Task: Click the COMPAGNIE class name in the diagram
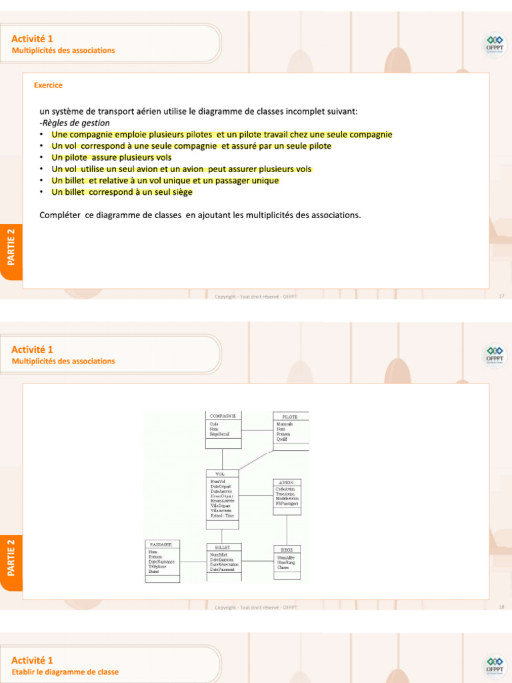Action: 223,416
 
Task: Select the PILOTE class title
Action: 291,416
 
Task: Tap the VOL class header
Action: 221,474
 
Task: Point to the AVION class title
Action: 286,482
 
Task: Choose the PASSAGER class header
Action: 161,544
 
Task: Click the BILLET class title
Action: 223,547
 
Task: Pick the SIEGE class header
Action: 287,550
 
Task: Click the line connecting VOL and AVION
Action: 256,495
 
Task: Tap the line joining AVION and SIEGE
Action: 287,530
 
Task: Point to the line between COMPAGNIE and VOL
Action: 223,459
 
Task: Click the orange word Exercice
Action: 48,85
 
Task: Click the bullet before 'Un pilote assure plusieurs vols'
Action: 42,158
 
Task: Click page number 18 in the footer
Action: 501,607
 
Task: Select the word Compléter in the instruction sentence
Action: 61,215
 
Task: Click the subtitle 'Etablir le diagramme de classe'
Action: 65,672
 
